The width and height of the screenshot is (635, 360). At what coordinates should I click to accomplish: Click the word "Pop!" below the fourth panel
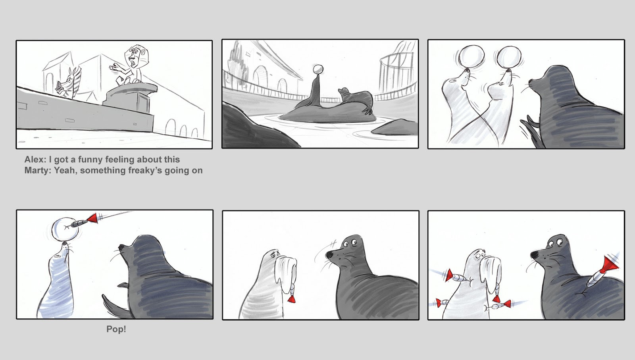(x=116, y=329)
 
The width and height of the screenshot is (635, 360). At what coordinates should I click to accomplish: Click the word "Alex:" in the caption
(x=35, y=160)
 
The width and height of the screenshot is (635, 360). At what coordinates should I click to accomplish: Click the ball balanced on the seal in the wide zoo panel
(x=318, y=69)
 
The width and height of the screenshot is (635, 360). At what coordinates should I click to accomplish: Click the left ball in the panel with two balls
(x=471, y=56)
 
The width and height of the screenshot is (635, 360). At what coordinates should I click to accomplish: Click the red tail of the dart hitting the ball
(x=92, y=218)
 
